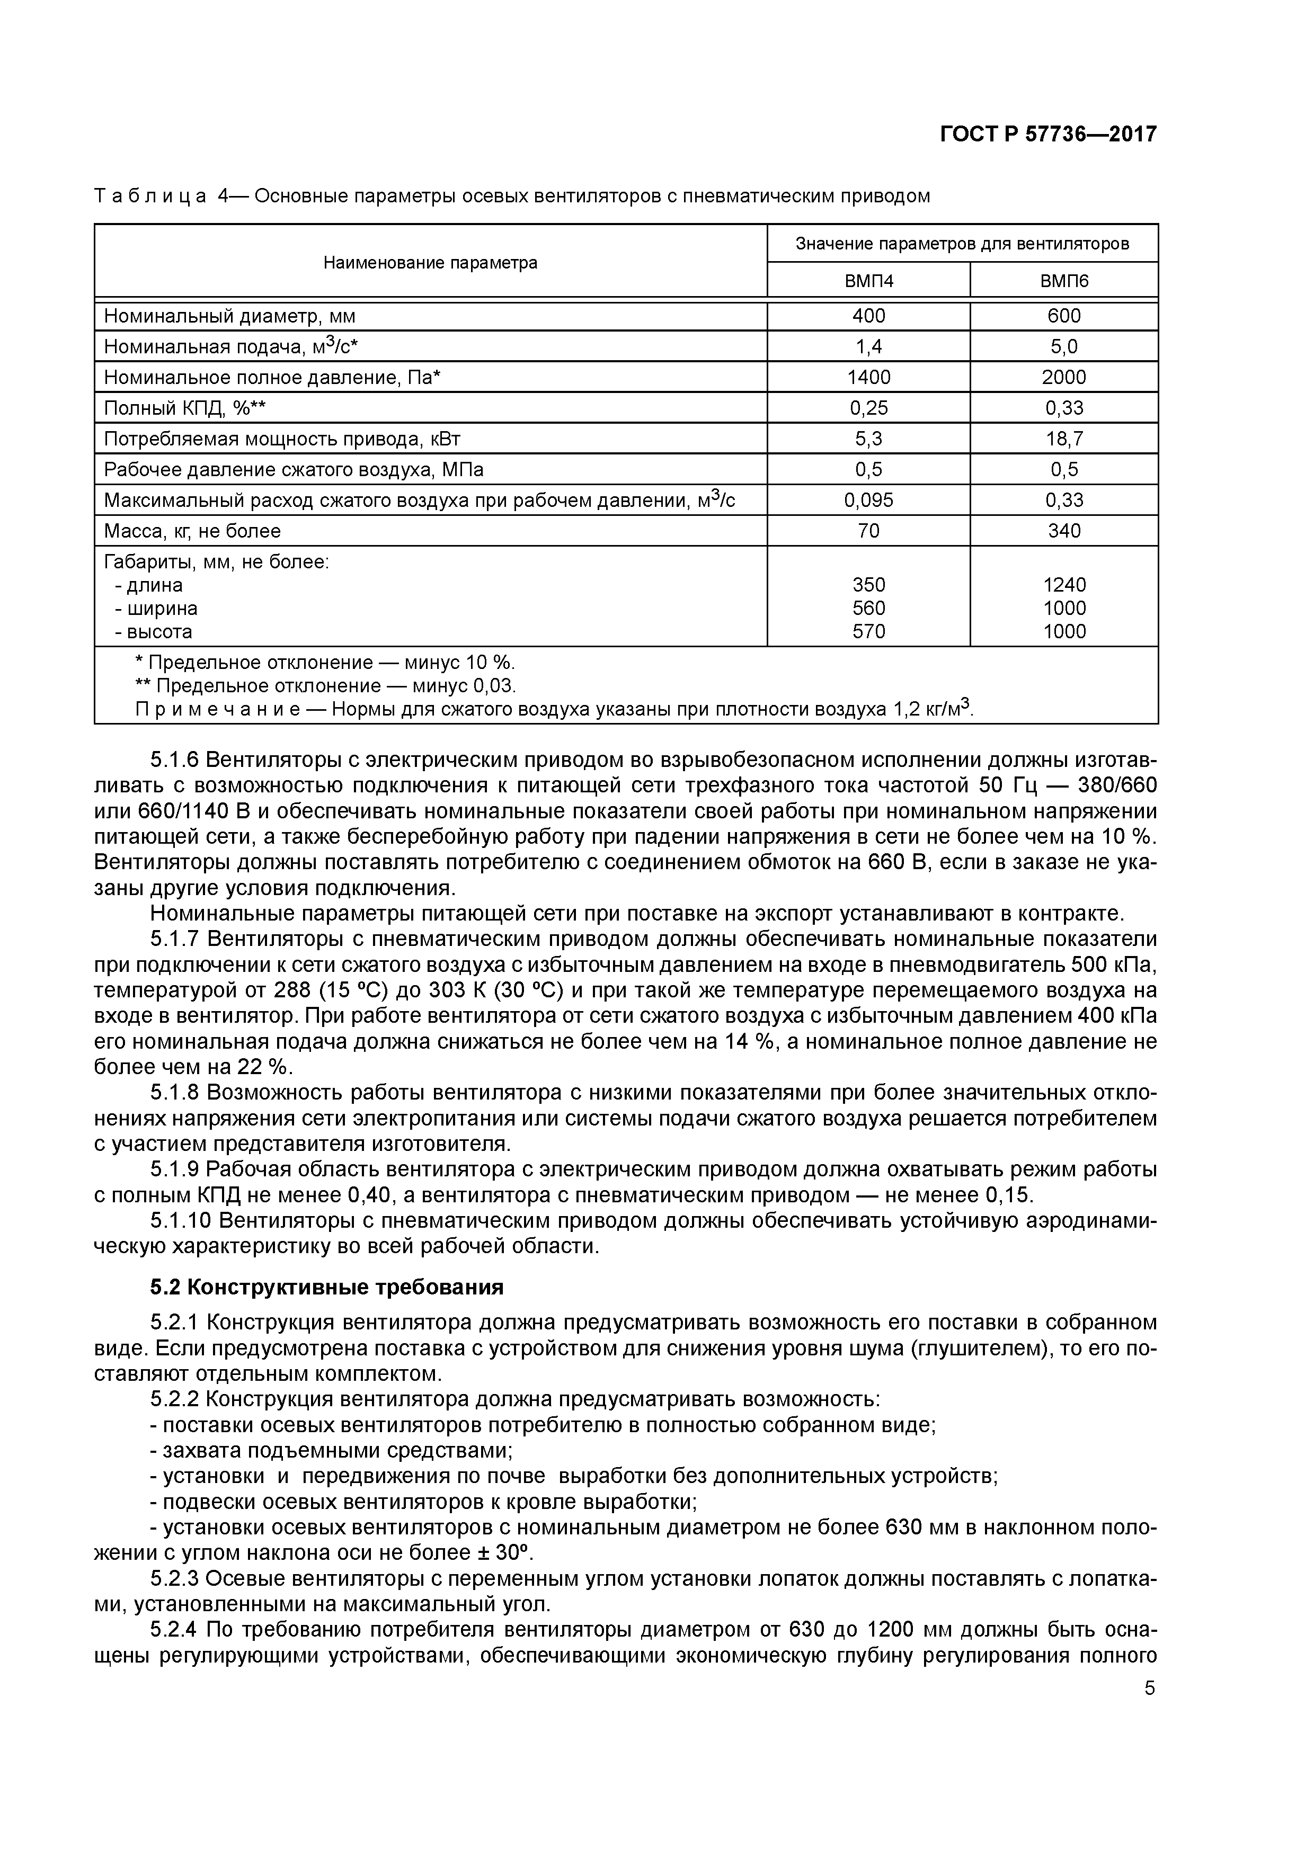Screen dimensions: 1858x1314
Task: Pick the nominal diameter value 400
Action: tap(869, 316)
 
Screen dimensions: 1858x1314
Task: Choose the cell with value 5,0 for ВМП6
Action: tap(1064, 346)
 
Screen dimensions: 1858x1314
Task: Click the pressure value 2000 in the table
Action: tap(1064, 377)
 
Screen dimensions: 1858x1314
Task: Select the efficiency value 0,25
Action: tap(869, 408)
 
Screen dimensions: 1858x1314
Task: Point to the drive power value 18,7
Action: tap(1064, 439)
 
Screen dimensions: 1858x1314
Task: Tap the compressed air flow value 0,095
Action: tap(869, 500)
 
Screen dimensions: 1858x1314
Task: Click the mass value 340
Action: tap(1064, 531)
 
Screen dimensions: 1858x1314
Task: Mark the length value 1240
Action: tap(1064, 585)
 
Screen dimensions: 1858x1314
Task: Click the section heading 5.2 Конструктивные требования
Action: tap(327, 1288)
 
